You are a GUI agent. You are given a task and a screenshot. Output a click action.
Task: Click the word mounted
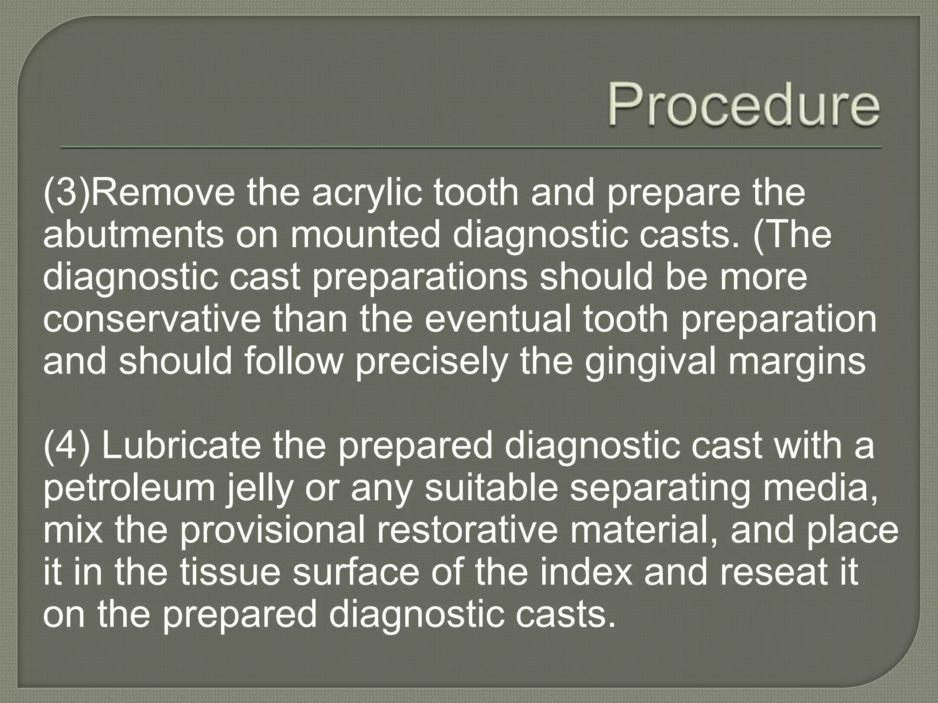pos(364,235)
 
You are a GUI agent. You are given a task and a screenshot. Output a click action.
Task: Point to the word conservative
pos(152,319)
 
